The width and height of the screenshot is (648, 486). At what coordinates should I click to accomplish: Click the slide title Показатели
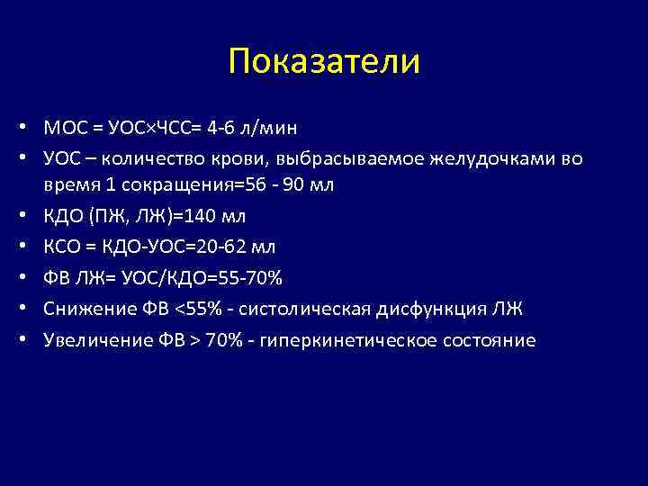tap(324, 61)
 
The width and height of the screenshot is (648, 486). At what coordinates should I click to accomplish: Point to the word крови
tap(247, 158)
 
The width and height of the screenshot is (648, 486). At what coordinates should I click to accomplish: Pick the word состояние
tap(486, 340)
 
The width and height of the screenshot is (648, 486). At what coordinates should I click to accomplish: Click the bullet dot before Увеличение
tap(31, 340)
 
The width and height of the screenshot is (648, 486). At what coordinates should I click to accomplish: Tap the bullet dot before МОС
tap(31, 128)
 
